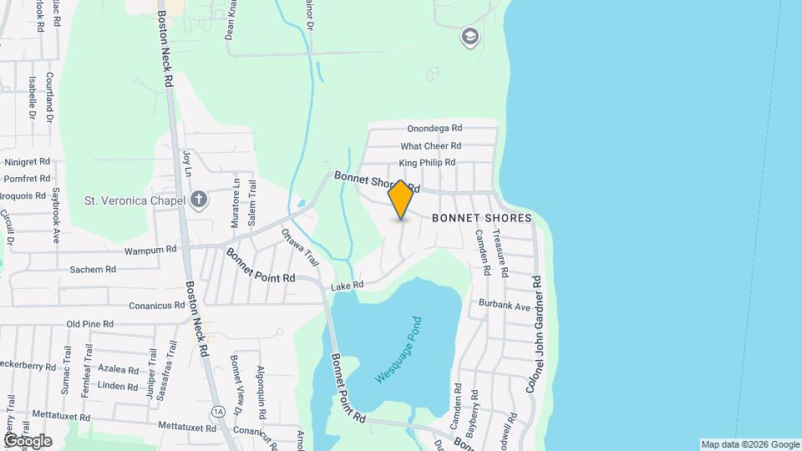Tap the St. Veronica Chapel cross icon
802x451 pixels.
pos(198,199)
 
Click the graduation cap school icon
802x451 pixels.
pos(470,37)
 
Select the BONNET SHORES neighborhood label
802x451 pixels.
pos(482,218)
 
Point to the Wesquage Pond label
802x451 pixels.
pos(400,350)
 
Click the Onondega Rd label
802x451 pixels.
pos(434,129)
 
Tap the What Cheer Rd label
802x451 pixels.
pos(431,146)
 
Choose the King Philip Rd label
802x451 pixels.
pos(427,163)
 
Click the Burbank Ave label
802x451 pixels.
pos(505,307)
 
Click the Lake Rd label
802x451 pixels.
pos(347,286)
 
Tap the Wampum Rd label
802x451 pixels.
pos(150,249)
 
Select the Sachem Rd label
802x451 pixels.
pos(92,270)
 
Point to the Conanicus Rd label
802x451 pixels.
pos(156,306)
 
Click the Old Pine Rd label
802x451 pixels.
pos(89,324)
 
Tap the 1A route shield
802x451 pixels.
pos(218,411)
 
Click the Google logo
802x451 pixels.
pos(28,440)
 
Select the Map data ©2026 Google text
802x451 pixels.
pos(749,444)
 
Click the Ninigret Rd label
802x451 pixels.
pos(28,161)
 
